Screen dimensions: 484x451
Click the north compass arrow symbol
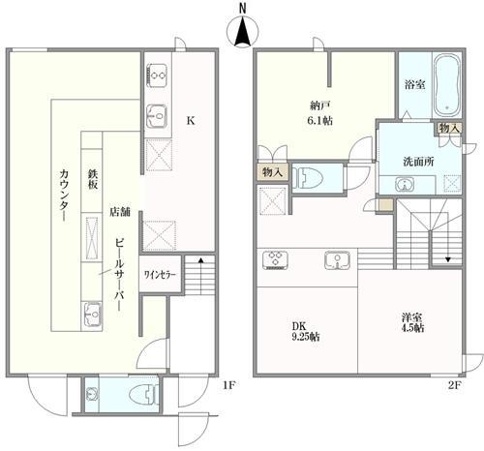(x=243, y=31)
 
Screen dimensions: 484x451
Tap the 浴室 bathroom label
(x=414, y=84)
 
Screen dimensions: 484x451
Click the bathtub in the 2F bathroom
(x=447, y=85)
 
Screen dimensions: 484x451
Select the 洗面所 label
(x=418, y=162)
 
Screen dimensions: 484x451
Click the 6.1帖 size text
(x=320, y=121)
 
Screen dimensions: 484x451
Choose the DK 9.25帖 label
(x=306, y=331)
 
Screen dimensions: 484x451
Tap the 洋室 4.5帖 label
(x=412, y=322)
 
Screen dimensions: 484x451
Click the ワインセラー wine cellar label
(x=160, y=275)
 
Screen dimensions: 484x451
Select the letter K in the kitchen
(x=191, y=121)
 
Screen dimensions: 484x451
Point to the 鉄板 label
(x=93, y=179)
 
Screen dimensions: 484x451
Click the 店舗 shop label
(x=120, y=212)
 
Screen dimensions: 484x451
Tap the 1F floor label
(x=228, y=385)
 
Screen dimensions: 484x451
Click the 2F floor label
(x=454, y=385)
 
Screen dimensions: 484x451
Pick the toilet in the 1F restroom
(x=142, y=394)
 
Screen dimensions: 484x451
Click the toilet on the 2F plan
(x=310, y=178)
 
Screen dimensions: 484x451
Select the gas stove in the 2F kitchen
(x=276, y=260)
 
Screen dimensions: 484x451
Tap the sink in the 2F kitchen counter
(x=337, y=259)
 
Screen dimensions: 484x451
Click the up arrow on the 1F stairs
(x=200, y=276)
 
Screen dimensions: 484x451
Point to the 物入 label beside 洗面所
(x=448, y=128)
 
